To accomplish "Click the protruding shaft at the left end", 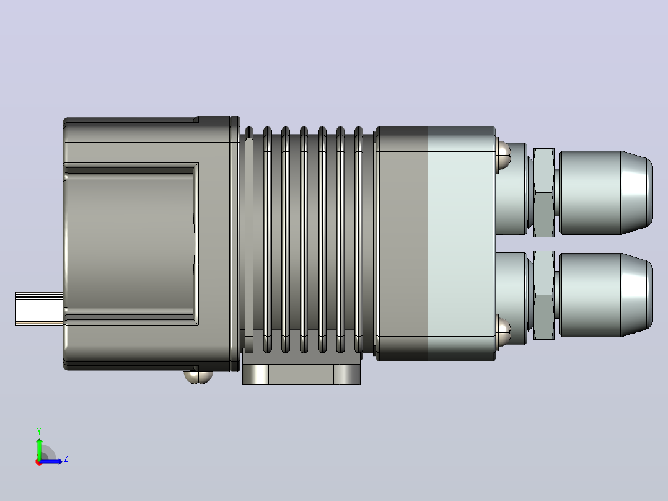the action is [39, 309].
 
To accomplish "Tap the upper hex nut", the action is [543, 193].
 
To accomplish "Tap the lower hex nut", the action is [543, 295].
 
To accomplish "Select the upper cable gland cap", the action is [605, 193].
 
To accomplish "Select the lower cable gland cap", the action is [605, 295].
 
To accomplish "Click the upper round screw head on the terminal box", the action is [503, 155].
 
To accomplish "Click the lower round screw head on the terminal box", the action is [503, 331].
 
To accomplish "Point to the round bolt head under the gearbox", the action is [198, 377].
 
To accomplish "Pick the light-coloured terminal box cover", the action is [462, 244].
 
